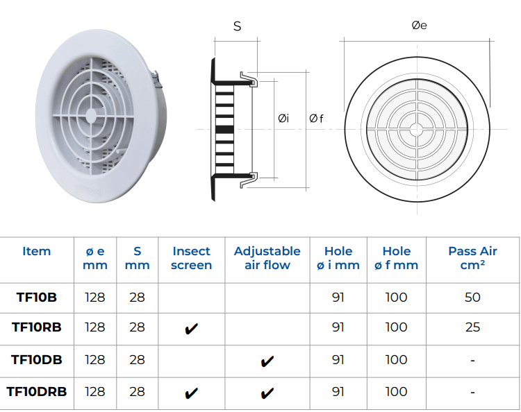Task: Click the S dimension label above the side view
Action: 237,26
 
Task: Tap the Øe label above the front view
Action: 420,25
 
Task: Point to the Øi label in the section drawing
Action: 283,118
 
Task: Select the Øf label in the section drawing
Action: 316,118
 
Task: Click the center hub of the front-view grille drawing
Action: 417,130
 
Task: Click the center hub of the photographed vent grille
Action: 91,116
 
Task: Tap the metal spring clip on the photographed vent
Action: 156,79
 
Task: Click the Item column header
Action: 37,251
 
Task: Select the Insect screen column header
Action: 192,258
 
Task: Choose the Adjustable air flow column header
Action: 267,258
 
